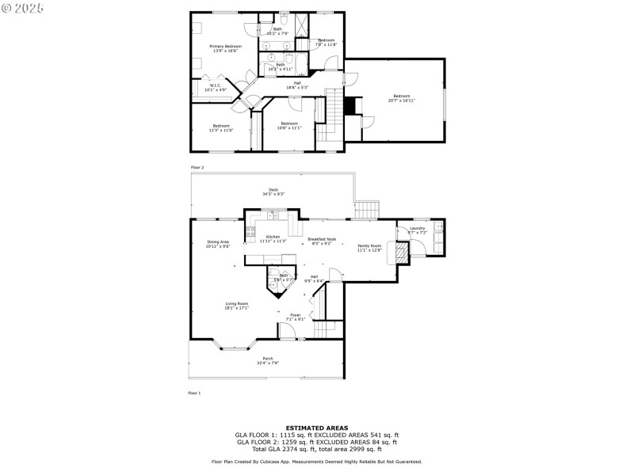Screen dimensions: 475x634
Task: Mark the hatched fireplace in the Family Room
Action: [x=402, y=252]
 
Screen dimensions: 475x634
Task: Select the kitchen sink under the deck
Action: [x=272, y=215]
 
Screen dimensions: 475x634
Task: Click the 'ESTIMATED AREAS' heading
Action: [x=316, y=427]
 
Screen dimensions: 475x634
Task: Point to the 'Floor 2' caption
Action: [x=197, y=168]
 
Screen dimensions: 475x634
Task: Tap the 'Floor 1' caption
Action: [x=194, y=393]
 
